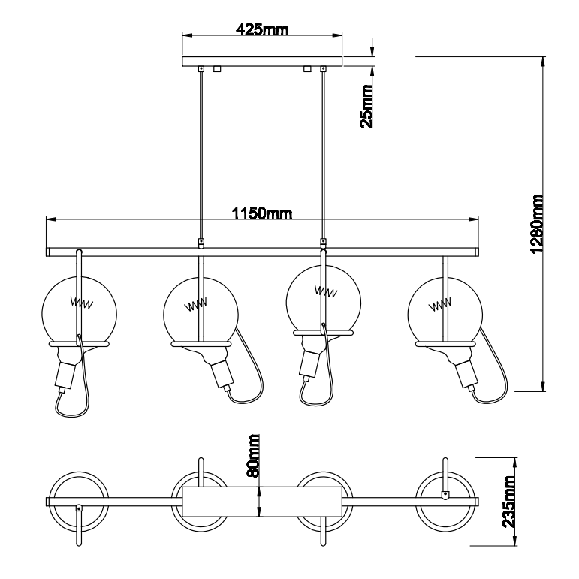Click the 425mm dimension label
coord(263,30)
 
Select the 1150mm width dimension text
coord(261,214)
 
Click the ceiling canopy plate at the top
coord(263,62)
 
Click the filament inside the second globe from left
coord(196,306)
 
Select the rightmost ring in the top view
coord(445,502)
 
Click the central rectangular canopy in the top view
coord(263,502)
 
